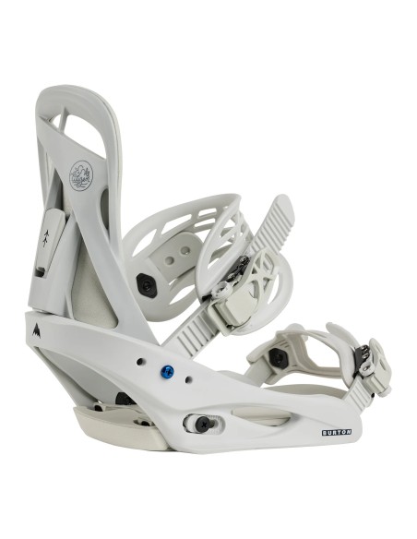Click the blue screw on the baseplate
tap(167, 372)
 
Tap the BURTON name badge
tap(337, 431)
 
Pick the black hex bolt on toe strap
tap(278, 356)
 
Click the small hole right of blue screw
tap(188, 379)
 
